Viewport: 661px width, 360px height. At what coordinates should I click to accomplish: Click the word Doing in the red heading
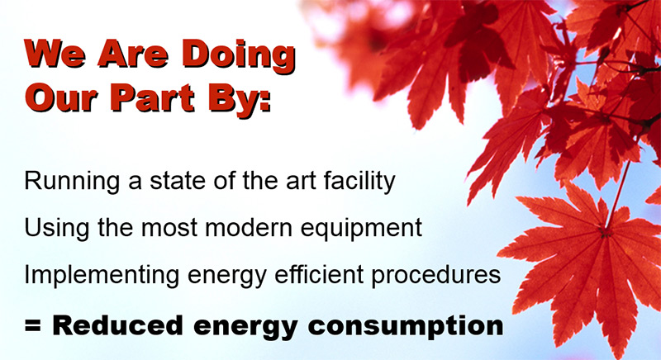click(x=240, y=56)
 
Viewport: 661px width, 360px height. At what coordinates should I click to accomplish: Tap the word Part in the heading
click(x=153, y=98)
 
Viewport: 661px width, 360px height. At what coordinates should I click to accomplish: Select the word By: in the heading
click(x=240, y=101)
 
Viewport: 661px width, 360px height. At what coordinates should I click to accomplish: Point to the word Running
click(x=72, y=182)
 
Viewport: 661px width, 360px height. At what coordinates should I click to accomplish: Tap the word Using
click(x=57, y=229)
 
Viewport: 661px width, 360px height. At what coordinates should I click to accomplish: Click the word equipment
click(x=361, y=229)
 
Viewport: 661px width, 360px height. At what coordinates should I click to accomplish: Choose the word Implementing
click(x=102, y=276)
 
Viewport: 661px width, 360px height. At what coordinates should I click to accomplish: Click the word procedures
click(x=436, y=276)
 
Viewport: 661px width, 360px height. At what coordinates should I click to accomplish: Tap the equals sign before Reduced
click(x=32, y=325)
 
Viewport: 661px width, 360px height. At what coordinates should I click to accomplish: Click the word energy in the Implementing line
click(x=227, y=277)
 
